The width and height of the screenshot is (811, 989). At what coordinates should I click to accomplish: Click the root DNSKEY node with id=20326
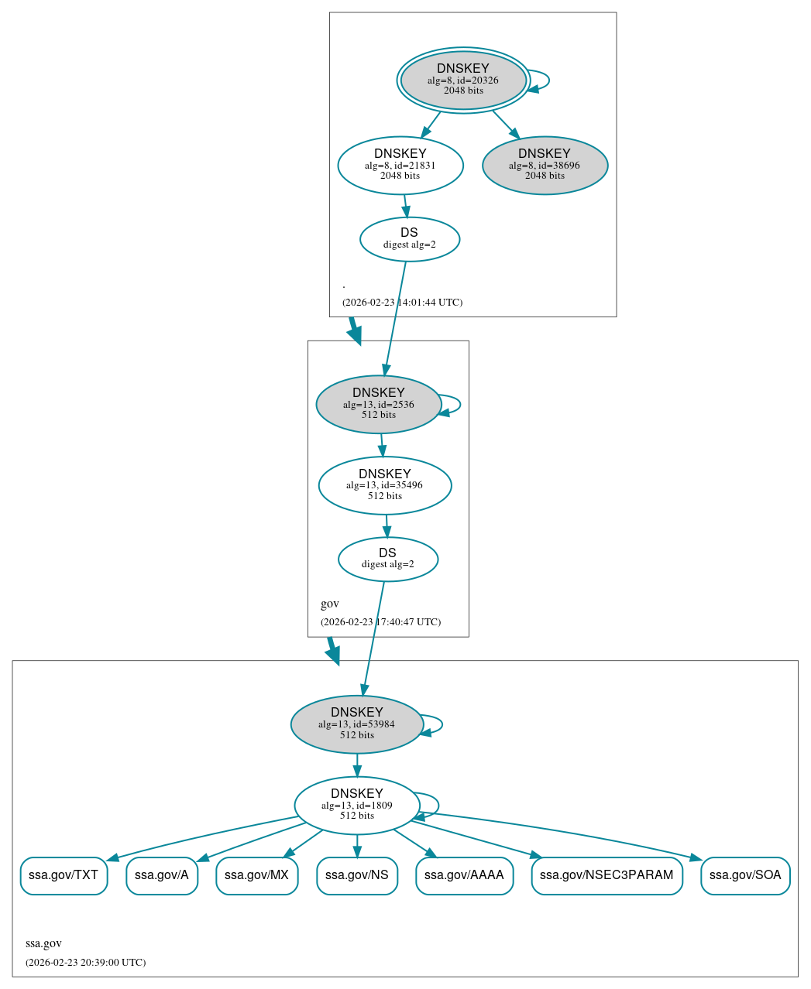pyautogui.click(x=463, y=80)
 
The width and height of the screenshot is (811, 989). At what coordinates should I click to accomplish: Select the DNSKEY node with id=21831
pyautogui.click(x=400, y=165)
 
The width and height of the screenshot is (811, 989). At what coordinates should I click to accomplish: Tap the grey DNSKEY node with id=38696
pyautogui.click(x=545, y=165)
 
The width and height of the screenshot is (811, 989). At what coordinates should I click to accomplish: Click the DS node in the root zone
pyautogui.click(x=409, y=239)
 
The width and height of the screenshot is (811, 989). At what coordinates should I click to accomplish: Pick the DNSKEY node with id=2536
pyautogui.click(x=379, y=404)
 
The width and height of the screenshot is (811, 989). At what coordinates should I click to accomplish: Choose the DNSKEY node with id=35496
pyautogui.click(x=385, y=485)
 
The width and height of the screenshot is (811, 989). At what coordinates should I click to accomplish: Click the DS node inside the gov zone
pyautogui.click(x=387, y=559)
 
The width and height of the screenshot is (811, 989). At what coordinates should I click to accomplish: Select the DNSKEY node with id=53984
pyautogui.click(x=357, y=724)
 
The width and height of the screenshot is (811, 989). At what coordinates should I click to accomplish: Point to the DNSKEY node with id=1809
pyautogui.click(x=357, y=806)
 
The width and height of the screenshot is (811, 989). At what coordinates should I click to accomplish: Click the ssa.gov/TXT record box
pyautogui.click(x=64, y=875)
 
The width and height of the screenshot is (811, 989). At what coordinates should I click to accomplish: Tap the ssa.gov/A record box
pyautogui.click(x=162, y=875)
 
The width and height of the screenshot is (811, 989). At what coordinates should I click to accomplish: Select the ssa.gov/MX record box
pyautogui.click(x=256, y=875)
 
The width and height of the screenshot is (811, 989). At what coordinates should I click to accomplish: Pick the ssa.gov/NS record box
pyautogui.click(x=357, y=875)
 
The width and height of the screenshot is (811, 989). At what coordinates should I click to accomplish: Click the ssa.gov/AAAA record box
pyautogui.click(x=464, y=875)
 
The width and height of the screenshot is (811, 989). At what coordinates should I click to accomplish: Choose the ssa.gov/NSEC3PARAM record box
pyautogui.click(x=607, y=875)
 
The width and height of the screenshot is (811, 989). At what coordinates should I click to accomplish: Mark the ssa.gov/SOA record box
pyautogui.click(x=745, y=875)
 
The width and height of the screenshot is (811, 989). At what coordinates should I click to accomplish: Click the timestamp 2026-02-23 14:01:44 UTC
pyautogui.click(x=402, y=302)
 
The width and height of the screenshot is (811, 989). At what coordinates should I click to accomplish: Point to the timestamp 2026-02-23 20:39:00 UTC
pyautogui.click(x=85, y=962)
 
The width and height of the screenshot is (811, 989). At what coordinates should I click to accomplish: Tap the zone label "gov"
pyautogui.click(x=330, y=604)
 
